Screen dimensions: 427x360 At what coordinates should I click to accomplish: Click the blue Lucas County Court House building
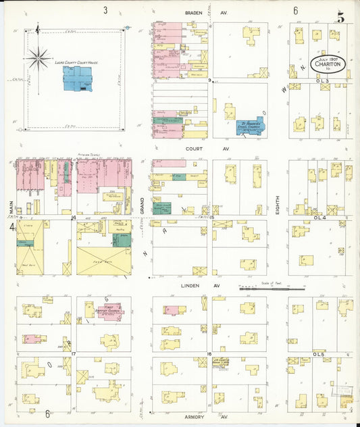[x=78, y=78]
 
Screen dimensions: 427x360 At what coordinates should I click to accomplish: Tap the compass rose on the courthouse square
[x=38, y=56]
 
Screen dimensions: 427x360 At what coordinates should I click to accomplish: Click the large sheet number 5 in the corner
[x=341, y=17]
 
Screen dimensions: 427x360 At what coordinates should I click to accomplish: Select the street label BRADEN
[x=195, y=12]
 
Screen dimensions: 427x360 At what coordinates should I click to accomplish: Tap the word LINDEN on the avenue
[x=193, y=286]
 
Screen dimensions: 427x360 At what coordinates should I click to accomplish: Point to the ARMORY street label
[x=194, y=417]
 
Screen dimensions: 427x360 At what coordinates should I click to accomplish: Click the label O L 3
[x=322, y=81]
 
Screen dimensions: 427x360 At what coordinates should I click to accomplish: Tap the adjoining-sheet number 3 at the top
[x=105, y=10]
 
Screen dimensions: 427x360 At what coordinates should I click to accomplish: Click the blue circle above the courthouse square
[x=126, y=28]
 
